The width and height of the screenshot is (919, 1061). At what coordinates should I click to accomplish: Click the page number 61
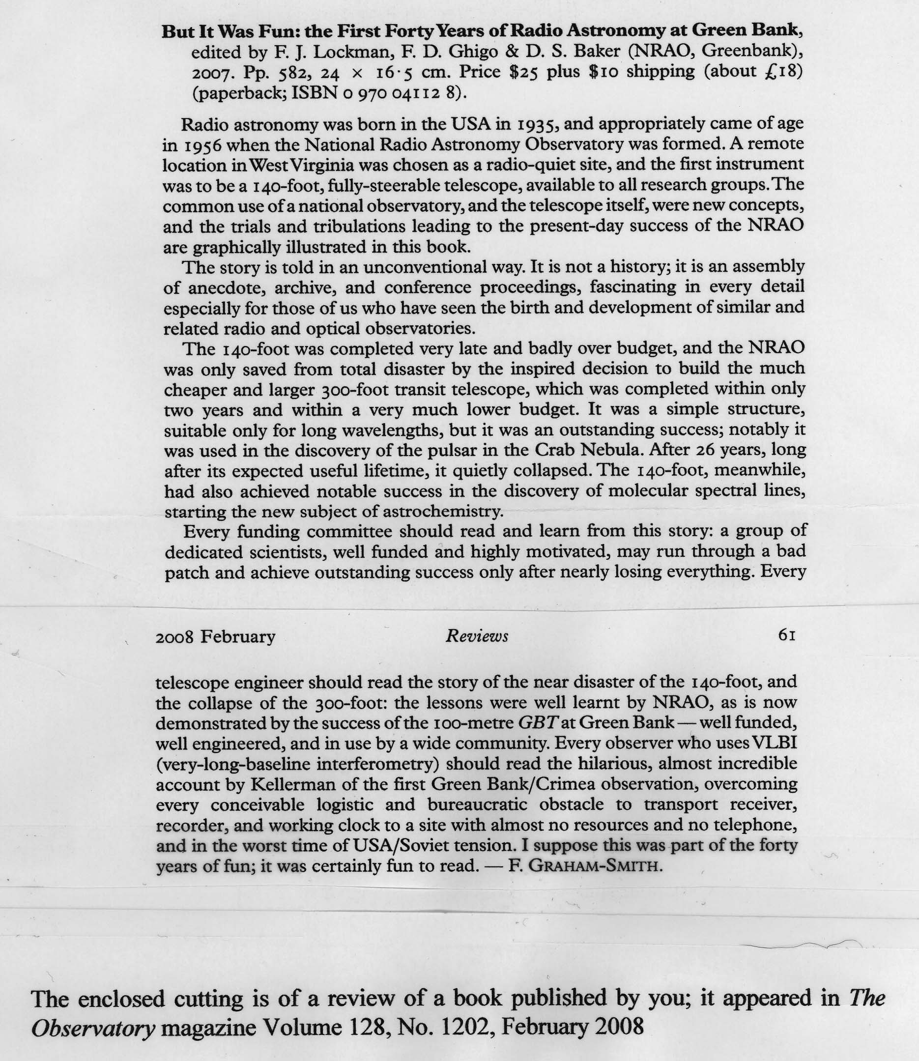(786, 636)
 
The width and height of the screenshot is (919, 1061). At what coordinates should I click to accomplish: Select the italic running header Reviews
(477, 636)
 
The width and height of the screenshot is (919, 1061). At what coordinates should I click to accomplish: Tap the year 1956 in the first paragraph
(192, 145)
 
